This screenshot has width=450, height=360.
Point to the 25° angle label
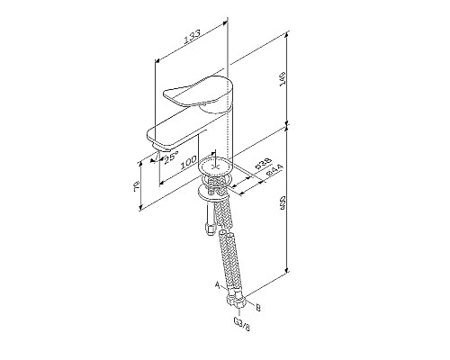[170, 158]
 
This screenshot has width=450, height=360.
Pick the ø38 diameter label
[259, 165]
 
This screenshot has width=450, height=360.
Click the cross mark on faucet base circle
[216, 166]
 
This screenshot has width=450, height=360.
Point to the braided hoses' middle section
[229, 247]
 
